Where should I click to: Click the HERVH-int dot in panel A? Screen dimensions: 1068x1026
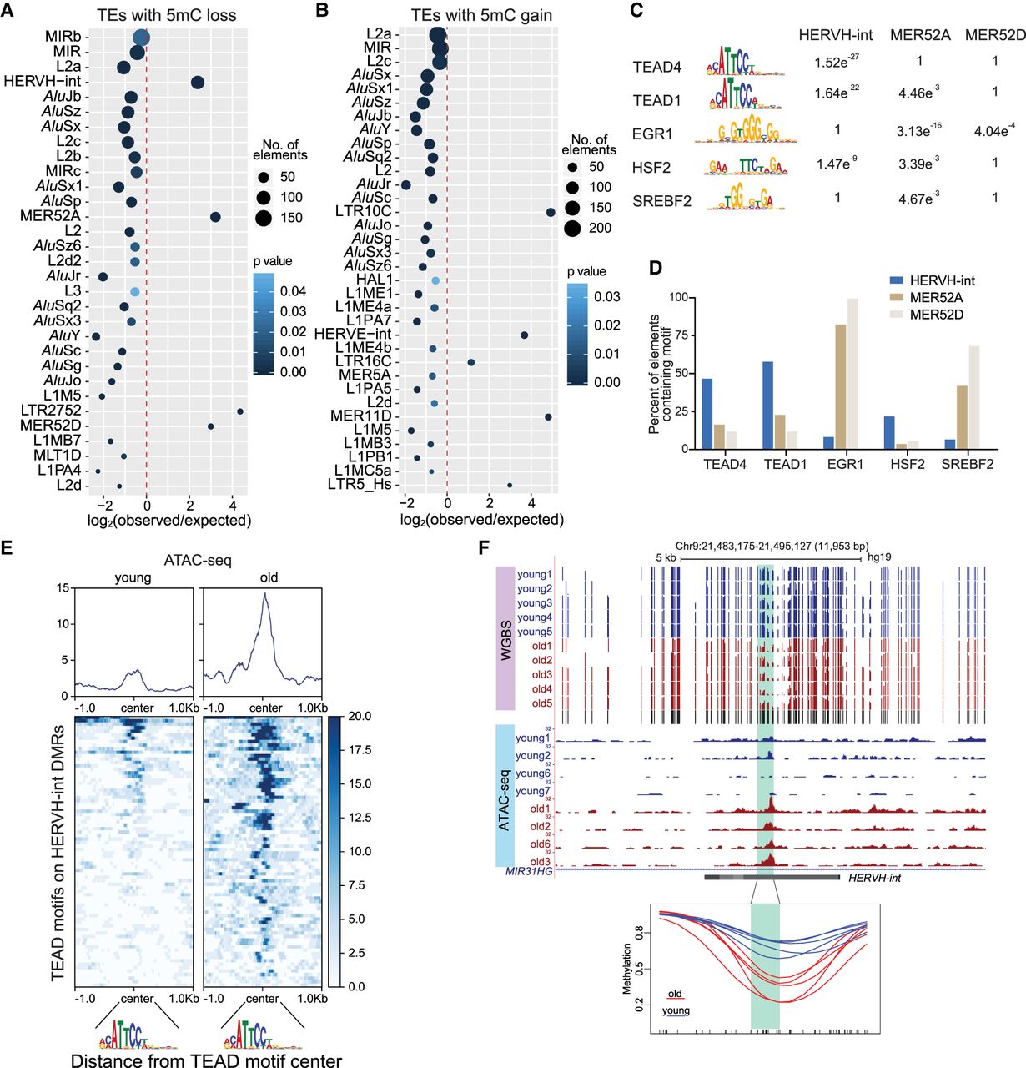pos(198,82)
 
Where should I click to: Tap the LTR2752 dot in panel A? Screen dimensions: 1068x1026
pos(240,411)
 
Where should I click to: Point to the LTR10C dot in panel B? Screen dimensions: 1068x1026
pos(551,212)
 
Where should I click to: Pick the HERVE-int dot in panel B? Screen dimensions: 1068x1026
pos(525,335)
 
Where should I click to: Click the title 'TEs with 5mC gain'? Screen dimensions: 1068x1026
pos(481,16)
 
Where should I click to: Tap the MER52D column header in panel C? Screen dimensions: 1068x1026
pos(993,35)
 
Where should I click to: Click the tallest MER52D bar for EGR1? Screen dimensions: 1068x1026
pos(852,374)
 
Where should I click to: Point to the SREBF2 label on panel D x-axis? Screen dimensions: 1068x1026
pos(967,465)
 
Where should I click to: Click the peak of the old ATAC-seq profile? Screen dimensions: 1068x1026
pos(264,594)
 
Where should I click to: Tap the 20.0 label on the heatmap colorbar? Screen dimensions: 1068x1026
pos(360,716)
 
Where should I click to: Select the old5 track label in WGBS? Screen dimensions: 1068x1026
pos(541,703)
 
